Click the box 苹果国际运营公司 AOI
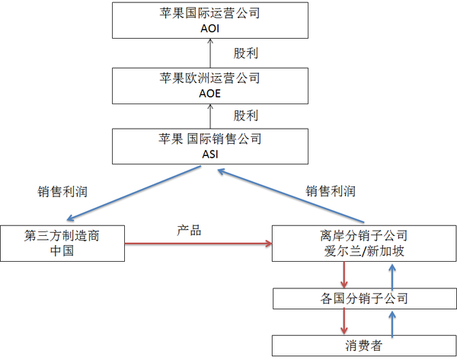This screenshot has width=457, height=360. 209,21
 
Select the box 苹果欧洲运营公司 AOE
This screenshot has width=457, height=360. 209,85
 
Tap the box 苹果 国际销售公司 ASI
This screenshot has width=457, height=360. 209,146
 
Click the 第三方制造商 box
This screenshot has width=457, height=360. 62,243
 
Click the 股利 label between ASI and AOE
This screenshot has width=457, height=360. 245,116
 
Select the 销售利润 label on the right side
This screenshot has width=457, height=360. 330,191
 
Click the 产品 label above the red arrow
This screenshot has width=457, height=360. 189,231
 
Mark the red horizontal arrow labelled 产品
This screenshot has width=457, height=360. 198,244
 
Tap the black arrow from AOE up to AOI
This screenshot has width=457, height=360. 209,53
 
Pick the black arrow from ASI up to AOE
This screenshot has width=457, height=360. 209,116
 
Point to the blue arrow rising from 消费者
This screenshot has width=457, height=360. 392,323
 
